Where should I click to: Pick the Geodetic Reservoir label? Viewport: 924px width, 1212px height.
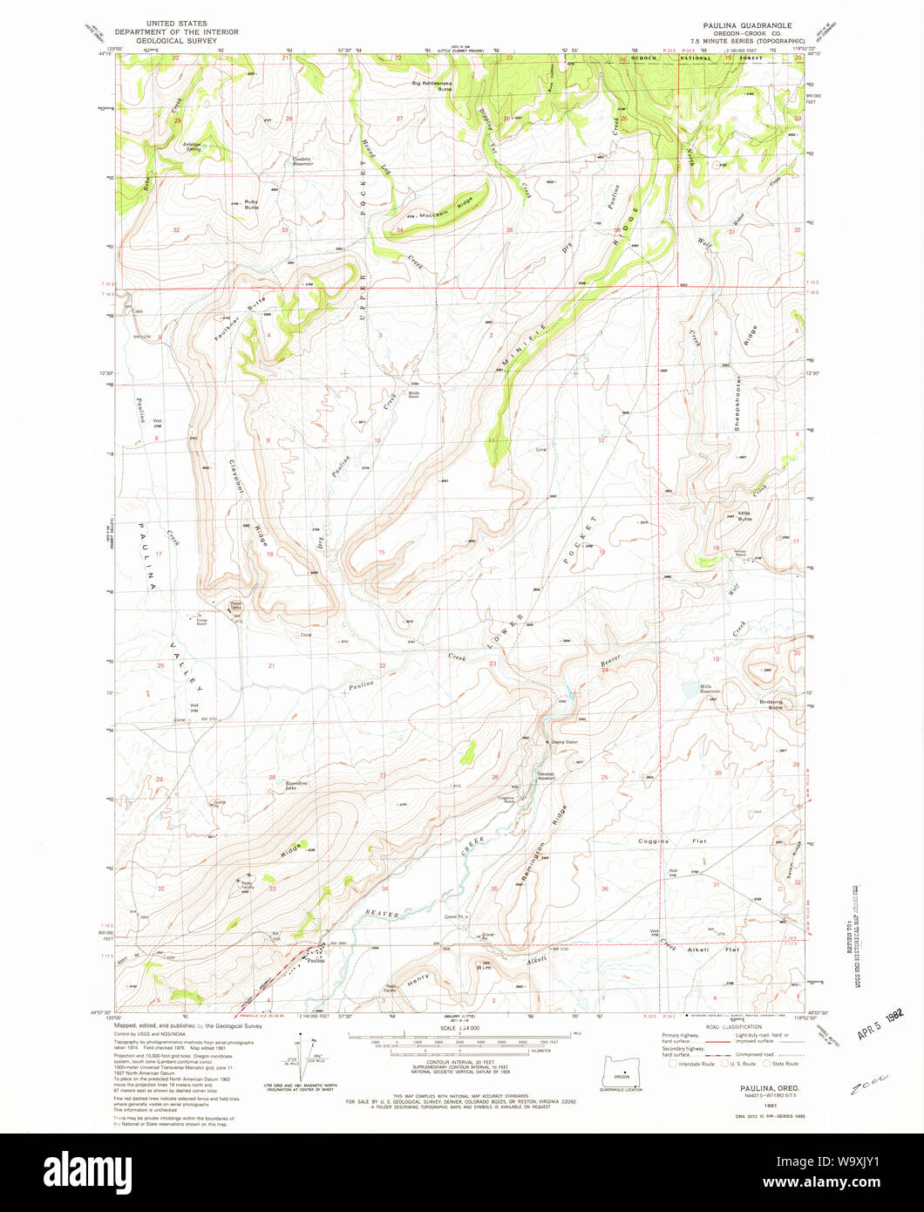pos(302,161)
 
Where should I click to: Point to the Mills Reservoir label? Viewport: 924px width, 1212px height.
pos(714,689)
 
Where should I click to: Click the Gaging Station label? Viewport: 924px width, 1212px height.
pos(565,742)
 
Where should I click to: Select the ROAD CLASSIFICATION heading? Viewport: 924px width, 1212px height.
pos(724,1027)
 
